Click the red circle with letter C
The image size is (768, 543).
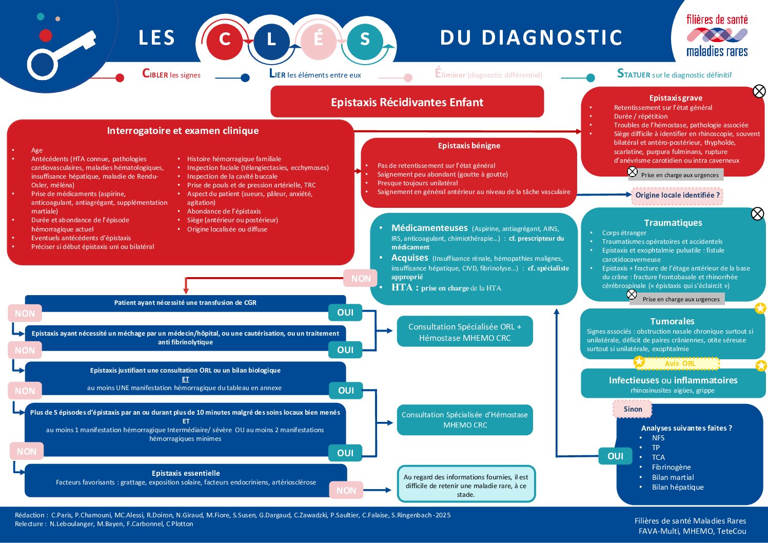(224, 39)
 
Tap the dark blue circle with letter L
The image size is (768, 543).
(271, 39)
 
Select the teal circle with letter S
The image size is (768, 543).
(365, 39)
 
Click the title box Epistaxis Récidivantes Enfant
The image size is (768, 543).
(407, 102)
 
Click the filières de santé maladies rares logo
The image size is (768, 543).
(717, 35)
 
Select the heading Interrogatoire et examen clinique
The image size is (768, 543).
(183, 131)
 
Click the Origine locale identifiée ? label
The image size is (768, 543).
(677, 195)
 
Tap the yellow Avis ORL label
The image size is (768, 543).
(680, 363)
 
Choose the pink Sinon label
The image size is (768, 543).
(633, 409)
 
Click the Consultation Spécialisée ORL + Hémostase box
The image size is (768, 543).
(465, 332)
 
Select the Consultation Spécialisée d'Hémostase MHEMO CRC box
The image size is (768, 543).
(465, 420)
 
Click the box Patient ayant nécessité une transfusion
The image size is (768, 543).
(185, 303)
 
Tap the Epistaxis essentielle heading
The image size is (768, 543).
(186, 473)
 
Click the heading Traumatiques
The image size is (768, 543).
(673, 223)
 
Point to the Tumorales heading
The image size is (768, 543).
(672, 321)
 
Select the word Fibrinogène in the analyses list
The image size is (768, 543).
(671, 467)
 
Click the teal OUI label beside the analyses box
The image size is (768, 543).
(616, 456)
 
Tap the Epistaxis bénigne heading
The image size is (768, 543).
(469, 146)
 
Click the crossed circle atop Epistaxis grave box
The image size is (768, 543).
(759, 91)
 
